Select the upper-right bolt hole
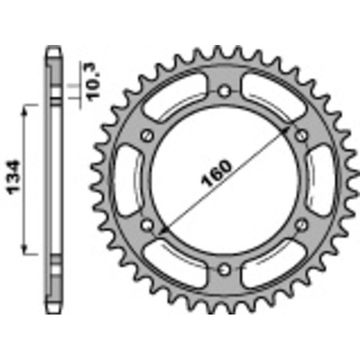(x=302, y=135)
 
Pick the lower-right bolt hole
(x=302, y=224)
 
